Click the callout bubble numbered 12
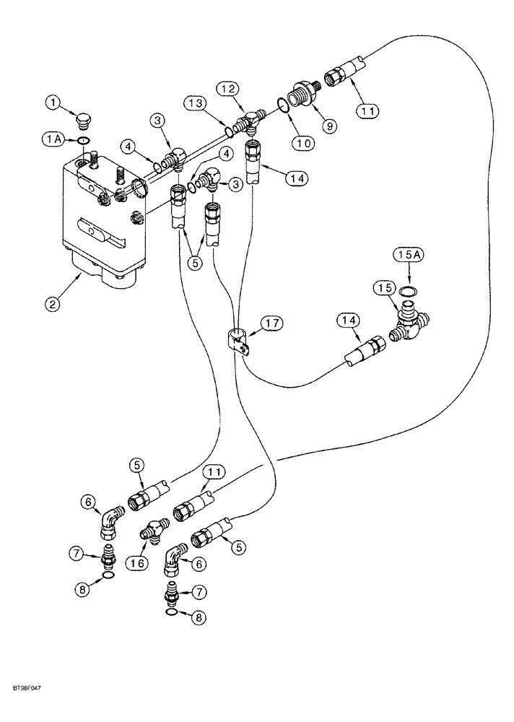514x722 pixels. (229, 89)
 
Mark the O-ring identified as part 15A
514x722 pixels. (407, 291)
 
